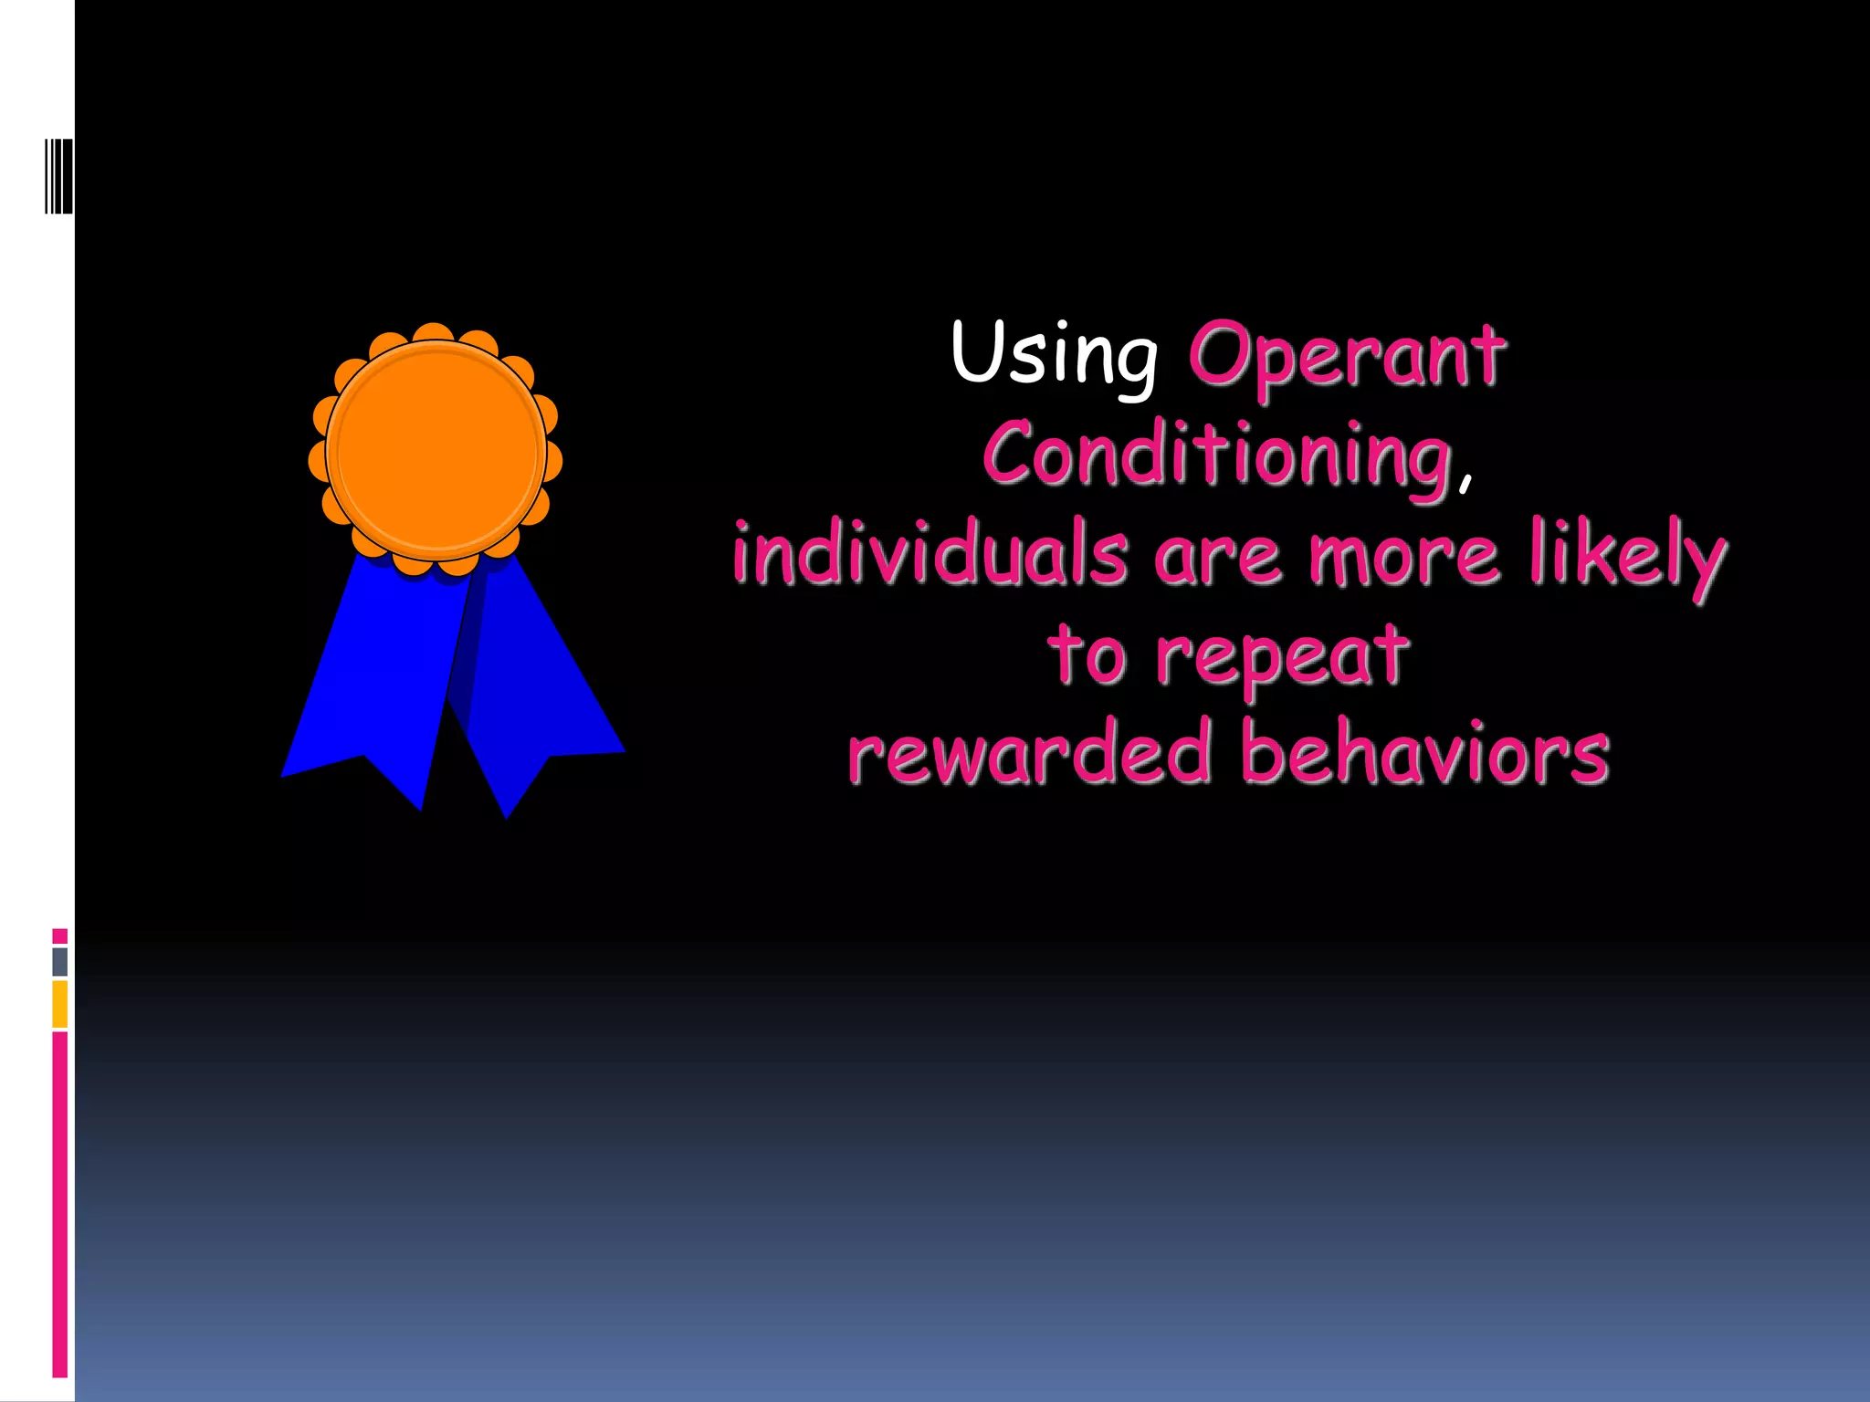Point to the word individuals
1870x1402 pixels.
point(930,554)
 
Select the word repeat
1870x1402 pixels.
point(1282,659)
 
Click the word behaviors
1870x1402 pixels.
point(1424,753)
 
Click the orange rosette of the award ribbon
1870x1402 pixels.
point(436,450)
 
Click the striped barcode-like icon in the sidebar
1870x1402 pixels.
point(58,176)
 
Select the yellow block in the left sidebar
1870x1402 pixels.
point(60,1004)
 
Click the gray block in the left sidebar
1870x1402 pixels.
point(60,961)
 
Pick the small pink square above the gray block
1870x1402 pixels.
point(60,936)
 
